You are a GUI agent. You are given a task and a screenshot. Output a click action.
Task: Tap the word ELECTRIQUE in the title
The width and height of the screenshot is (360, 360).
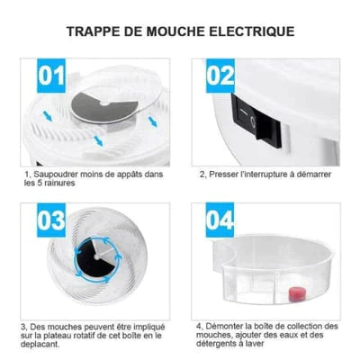pyautogui.click(x=256, y=31)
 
